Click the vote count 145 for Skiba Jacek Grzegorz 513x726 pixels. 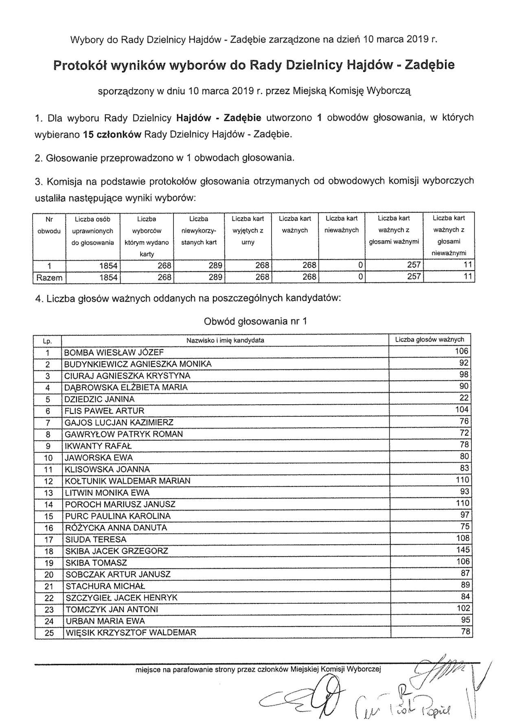463,550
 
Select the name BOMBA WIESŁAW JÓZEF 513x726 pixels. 114,352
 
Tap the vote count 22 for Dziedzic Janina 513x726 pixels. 465,398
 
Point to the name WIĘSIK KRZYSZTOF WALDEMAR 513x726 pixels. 131,633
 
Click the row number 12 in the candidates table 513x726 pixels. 48,481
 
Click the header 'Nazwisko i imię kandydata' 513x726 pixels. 225,340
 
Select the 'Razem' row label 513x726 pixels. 49,278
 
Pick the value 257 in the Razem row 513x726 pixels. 414,277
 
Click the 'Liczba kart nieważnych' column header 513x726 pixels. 341,224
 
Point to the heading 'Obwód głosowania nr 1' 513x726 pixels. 255,321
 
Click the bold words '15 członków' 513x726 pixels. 112,134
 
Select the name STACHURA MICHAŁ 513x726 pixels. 105,586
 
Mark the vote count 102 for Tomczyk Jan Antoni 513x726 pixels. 463,609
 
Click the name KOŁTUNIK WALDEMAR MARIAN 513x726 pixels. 127,481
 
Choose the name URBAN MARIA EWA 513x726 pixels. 105,621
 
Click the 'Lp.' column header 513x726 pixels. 48,340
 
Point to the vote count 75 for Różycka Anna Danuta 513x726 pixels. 465,527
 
